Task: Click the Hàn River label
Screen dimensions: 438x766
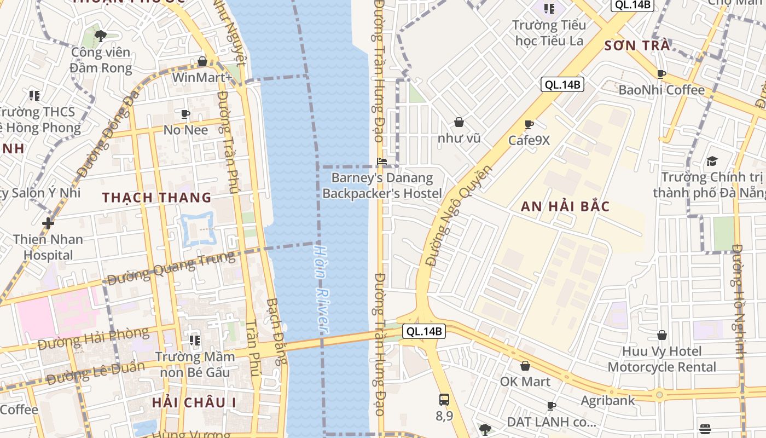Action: pyautogui.click(x=321, y=288)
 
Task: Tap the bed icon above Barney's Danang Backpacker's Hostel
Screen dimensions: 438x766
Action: pyautogui.click(x=382, y=162)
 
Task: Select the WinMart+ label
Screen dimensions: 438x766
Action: pyautogui.click(x=202, y=78)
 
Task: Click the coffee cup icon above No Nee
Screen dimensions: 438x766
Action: pyautogui.click(x=185, y=114)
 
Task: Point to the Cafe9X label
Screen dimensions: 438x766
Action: pyautogui.click(x=529, y=140)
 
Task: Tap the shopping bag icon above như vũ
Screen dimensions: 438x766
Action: pyautogui.click(x=459, y=122)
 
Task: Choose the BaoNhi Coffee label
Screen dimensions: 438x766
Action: pyautogui.click(x=661, y=90)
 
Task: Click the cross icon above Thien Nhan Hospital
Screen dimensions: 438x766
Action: pyautogui.click(x=48, y=223)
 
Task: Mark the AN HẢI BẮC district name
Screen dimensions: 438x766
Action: pyautogui.click(x=565, y=206)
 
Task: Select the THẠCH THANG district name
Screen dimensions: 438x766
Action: pyautogui.click(x=156, y=197)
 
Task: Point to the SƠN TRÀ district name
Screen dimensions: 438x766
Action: pyautogui.click(x=637, y=45)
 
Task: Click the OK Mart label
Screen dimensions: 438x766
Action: pyautogui.click(x=525, y=381)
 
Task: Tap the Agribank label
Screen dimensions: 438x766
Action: pyautogui.click(x=608, y=400)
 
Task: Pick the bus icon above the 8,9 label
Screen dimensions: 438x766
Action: pyautogui.click(x=444, y=400)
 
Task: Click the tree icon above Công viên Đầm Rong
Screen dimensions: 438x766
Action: pyautogui.click(x=100, y=37)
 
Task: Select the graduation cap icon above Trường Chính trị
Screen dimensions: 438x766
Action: pyautogui.click(x=711, y=161)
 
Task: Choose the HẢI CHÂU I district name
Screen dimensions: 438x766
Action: pyautogui.click(x=194, y=402)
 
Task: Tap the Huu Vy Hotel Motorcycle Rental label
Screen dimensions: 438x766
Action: pyautogui.click(x=661, y=359)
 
